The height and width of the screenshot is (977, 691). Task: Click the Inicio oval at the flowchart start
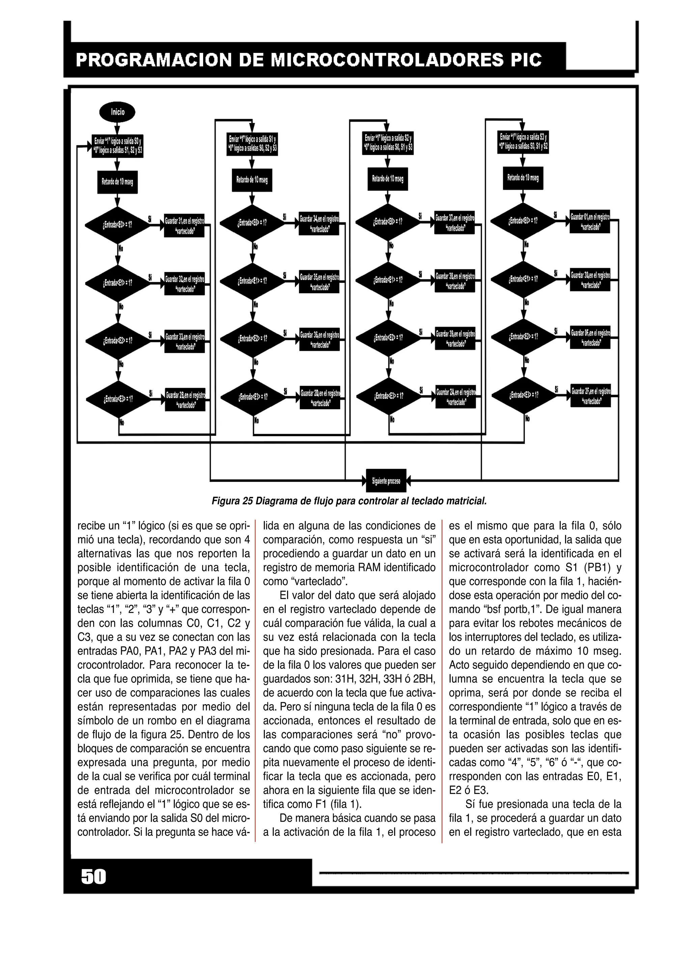[117, 112]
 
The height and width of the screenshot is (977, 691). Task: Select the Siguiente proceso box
[386, 481]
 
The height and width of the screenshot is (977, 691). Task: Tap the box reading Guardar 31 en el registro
[184, 226]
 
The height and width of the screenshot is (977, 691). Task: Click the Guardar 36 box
[319, 339]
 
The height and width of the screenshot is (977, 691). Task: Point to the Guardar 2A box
[455, 396]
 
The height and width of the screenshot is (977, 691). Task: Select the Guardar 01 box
[590, 221]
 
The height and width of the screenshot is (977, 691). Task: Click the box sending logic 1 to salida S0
[117, 146]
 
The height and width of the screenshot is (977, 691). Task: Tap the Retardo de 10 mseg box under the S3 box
[523, 178]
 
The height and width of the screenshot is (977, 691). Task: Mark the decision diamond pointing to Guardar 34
[252, 223]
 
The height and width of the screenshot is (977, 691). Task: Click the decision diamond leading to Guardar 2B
[118, 399]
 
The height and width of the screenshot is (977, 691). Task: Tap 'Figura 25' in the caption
[232, 501]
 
